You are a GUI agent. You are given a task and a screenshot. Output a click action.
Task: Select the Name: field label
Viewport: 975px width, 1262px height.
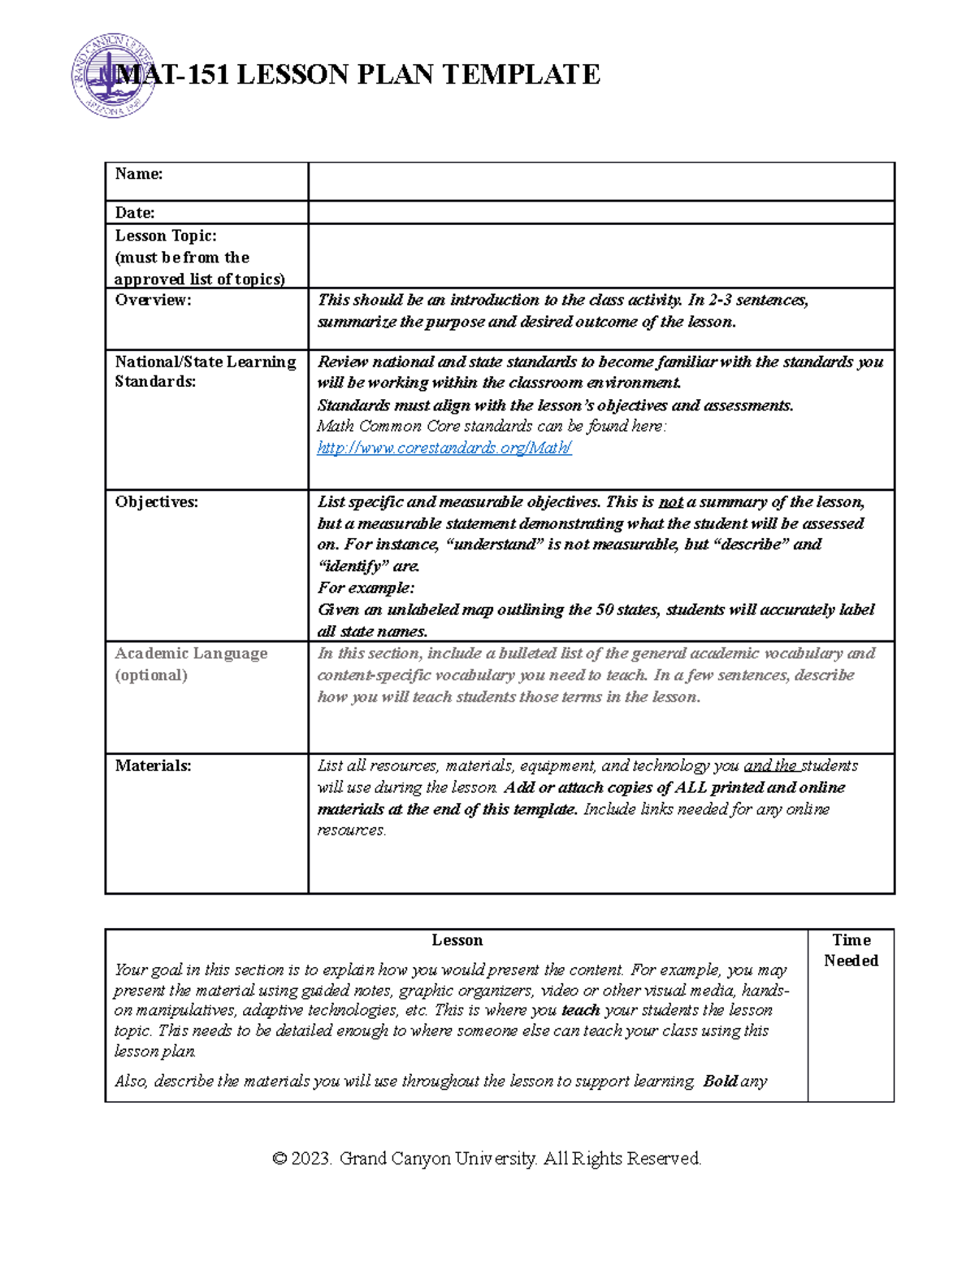coord(139,174)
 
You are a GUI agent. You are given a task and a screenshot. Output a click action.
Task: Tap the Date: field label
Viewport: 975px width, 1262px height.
coord(135,213)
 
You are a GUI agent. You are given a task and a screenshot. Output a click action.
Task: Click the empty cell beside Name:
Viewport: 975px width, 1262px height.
coord(601,181)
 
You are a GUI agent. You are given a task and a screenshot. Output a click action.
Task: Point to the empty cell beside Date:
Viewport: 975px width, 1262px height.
coord(601,213)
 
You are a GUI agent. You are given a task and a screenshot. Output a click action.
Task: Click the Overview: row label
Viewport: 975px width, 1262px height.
coord(153,300)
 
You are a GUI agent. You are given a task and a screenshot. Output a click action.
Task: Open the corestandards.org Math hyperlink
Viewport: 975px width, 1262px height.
coord(444,448)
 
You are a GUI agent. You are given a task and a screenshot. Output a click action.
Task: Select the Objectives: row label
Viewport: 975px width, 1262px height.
coord(156,502)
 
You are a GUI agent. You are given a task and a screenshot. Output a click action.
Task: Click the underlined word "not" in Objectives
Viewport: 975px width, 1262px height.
coord(670,502)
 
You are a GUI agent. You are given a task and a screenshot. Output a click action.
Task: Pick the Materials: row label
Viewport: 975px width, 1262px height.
coord(153,765)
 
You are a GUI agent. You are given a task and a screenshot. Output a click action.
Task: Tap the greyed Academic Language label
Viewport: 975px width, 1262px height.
coord(191,653)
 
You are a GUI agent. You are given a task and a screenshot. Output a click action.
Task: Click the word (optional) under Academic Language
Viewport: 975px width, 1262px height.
coord(151,675)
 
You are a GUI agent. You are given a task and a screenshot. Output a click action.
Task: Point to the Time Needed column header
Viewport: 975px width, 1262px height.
coord(851,950)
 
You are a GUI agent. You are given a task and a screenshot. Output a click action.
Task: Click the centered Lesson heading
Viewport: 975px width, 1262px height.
coord(457,940)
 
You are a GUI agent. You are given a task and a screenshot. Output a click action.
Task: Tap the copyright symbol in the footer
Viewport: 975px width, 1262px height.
coord(279,1159)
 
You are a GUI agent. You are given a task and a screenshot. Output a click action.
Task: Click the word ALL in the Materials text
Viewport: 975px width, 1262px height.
coord(691,787)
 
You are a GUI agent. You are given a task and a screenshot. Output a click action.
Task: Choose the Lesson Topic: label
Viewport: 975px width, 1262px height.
coord(166,236)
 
